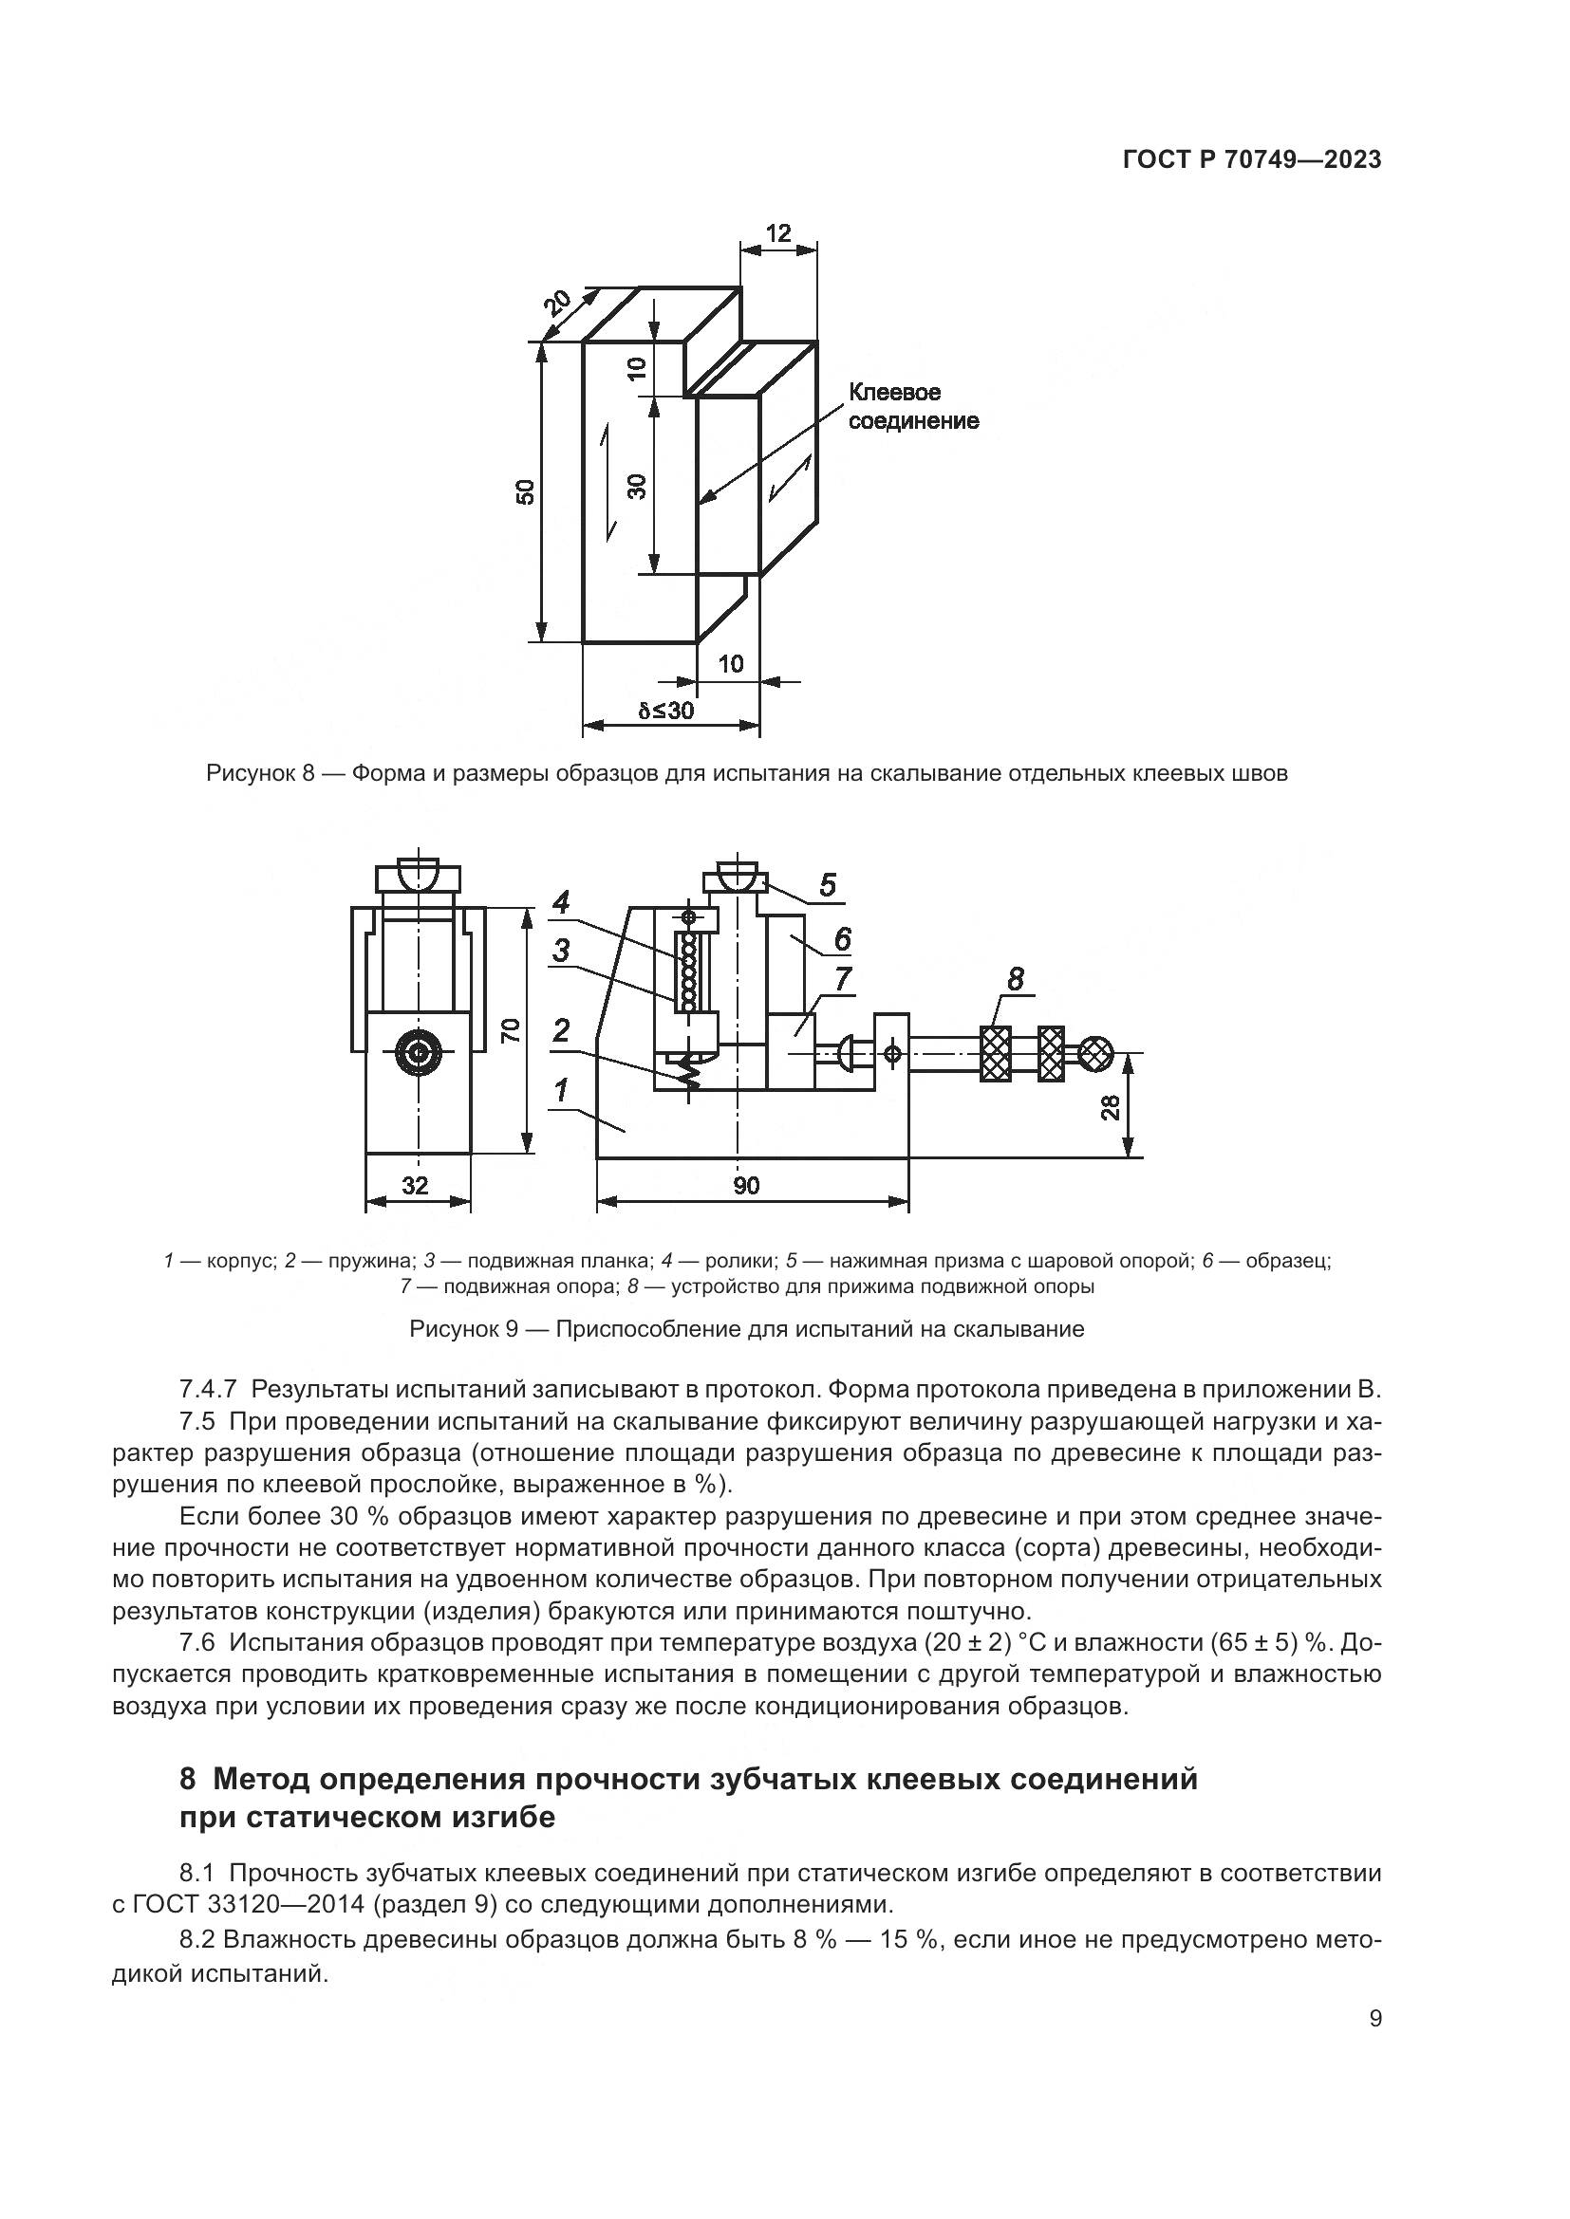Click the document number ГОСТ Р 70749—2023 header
(x=1251, y=160)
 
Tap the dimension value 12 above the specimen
(x=777, y=233)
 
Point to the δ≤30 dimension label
(x=666, y=711)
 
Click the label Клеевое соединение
(x=912, y=407)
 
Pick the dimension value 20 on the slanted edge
(x=556, y=305)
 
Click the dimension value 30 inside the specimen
(x=636, y=486)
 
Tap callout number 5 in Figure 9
(x=827, y=884)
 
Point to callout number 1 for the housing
(x=560, y=1091)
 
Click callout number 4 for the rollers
(x=560, y=902)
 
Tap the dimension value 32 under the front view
(x=415, y=1185)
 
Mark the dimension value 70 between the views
(x=512, y=1030)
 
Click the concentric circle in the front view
(x=419, y=1055)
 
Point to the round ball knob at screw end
(x=1095, y=1053)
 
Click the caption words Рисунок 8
(x=261, y=774)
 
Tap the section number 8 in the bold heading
(x=189, y=1779)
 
